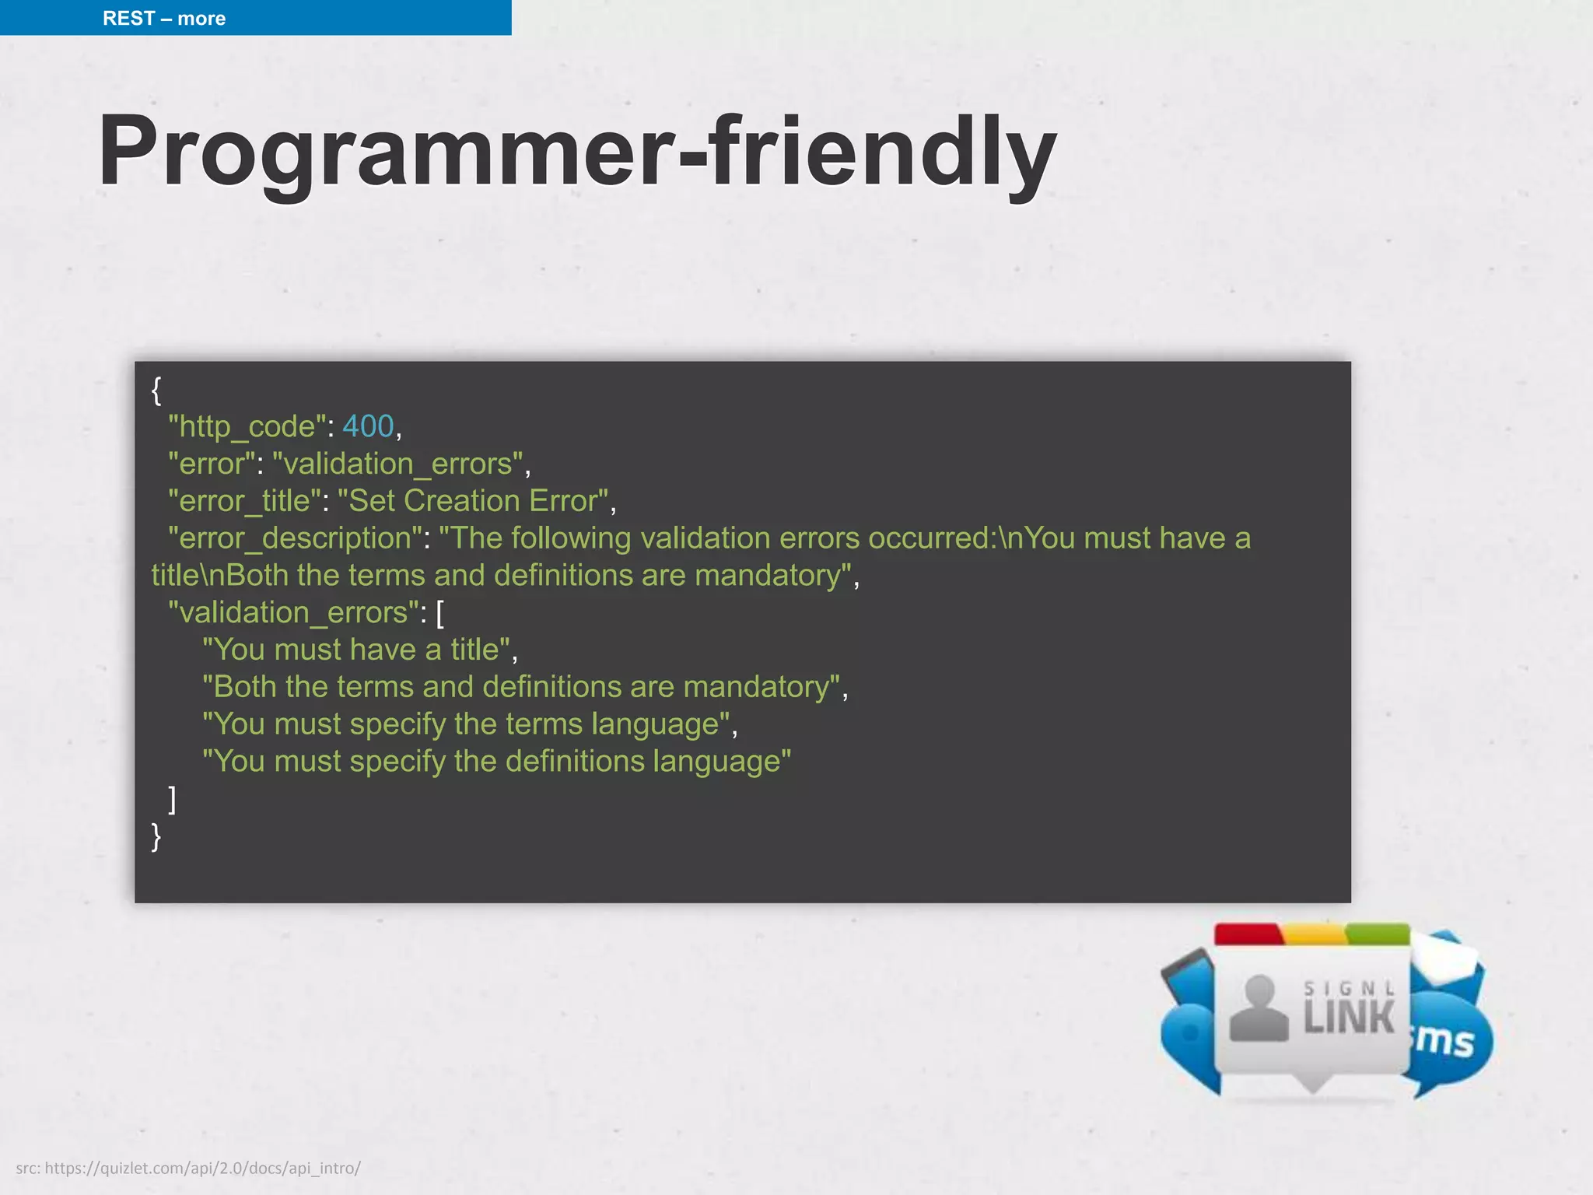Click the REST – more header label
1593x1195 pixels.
coord(164,18)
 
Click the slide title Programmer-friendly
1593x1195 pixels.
coord(576,151)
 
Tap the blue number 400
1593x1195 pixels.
coord(368,426)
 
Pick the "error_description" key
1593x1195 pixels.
coord(295,538)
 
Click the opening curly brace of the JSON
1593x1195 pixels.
coord(156,390)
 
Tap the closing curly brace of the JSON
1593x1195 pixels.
coord(156,836)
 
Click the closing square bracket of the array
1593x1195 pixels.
coord(173,799)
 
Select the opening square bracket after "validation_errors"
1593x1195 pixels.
coord(440,613)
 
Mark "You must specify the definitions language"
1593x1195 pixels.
coord(496,762)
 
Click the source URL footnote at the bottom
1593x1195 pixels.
coord(188,1168)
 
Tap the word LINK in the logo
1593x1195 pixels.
coord(1350,1018)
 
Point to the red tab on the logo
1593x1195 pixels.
coord(1248,934)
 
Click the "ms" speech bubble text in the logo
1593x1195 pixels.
coord(1445,1041)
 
